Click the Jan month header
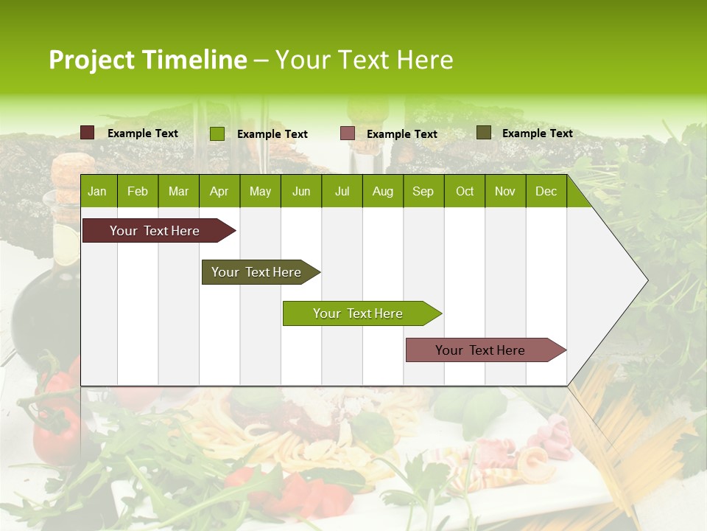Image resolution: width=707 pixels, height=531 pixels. click(97, 191)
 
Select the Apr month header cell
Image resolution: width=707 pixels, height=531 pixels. click(219, 191)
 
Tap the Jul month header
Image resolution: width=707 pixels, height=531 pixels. click(342, 191)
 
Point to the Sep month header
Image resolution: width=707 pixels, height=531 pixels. click(423, 191)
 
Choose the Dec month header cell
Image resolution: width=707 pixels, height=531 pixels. click(546, 191)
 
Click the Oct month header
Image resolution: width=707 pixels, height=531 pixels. click(465, 191)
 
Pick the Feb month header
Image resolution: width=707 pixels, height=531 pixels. click(138, 191)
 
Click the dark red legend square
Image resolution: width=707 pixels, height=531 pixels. click(88, 133)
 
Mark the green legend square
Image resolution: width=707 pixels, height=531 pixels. click(217, 133)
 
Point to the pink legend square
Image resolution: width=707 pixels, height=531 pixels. click(348, 133)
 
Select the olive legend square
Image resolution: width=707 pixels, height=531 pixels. click(483, 133)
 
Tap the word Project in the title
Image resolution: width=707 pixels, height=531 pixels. click(92, 60)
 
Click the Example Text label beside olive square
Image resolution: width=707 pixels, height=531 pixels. click(537, 133)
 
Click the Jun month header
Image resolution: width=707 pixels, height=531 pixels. click(301, 191)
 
